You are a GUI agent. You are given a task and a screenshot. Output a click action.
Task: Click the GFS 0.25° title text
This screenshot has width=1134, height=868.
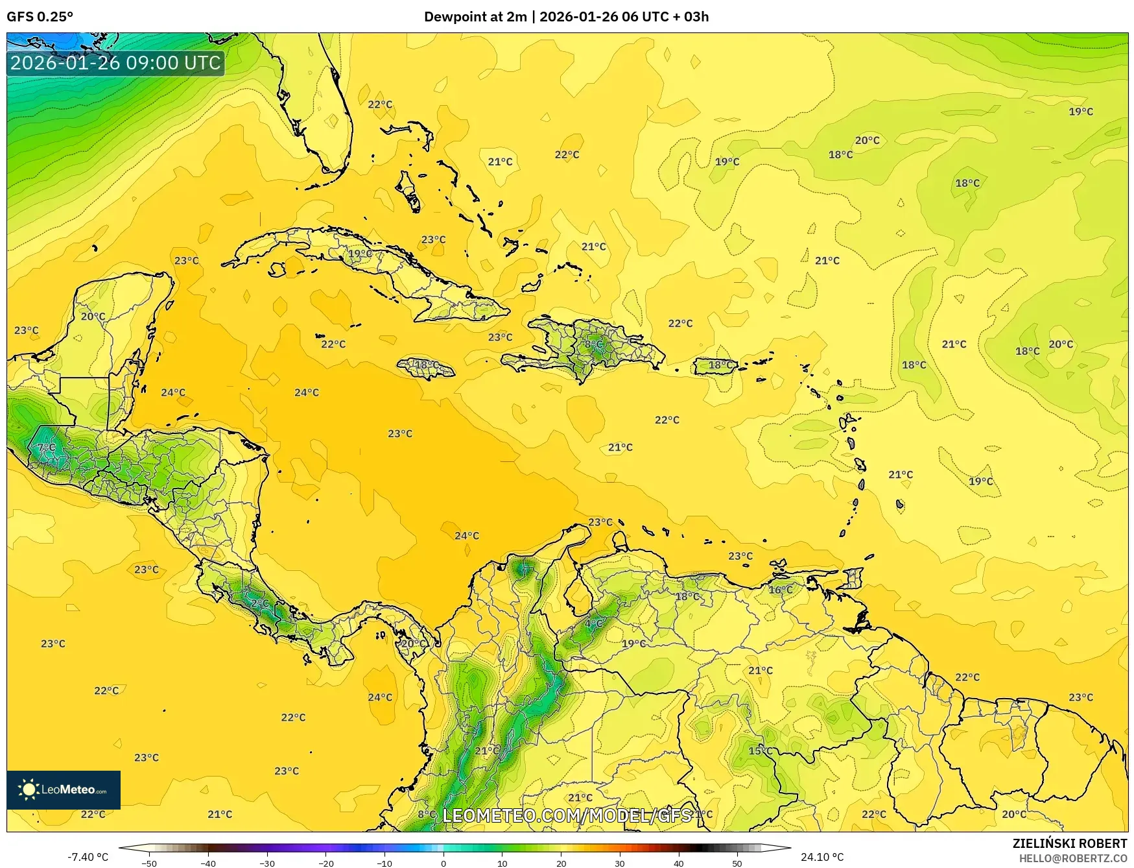click(40, 17)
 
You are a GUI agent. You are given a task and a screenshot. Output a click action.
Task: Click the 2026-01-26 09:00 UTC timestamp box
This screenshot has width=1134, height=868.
click(115, 63)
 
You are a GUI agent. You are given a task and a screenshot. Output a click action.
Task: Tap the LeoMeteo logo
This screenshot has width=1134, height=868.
click(64, 790)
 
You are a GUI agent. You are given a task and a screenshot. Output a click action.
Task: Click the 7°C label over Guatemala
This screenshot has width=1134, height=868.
click(47, 448)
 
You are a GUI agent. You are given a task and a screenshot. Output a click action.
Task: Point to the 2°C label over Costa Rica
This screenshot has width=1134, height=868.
click(259, 603)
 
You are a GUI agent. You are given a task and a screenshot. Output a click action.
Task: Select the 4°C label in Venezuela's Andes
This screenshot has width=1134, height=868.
click(594, 623)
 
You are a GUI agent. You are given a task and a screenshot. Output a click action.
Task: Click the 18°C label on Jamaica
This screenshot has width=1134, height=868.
click(427, 365)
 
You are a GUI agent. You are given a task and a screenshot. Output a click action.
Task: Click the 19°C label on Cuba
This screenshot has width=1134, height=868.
click(360, 254)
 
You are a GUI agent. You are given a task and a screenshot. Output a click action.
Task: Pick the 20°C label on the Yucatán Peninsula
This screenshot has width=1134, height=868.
click(93, 317)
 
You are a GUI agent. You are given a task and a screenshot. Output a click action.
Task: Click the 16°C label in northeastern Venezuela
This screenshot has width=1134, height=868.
click(781, 590)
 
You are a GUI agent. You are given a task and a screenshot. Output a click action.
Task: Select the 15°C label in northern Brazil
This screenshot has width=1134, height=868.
click(761, 751)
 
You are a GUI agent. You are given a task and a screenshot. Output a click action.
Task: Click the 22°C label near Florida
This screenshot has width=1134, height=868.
click(380, 104)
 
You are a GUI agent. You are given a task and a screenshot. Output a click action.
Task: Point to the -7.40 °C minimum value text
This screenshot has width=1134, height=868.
click(88, 857)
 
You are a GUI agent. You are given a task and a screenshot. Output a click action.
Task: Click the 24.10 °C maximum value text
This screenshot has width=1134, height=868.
click(822, 857)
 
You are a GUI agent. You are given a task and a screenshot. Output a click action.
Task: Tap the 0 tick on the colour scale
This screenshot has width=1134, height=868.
click(443, 863)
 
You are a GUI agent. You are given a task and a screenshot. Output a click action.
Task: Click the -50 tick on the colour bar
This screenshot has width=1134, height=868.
click(148, 863)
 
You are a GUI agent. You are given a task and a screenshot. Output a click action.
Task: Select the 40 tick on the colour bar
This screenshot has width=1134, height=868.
click(679, 863)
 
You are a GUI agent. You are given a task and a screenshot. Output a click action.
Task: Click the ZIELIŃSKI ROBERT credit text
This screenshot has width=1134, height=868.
click(1070, 843)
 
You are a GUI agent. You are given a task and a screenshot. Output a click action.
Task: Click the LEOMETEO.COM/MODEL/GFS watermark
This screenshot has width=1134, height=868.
click(567, 815)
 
